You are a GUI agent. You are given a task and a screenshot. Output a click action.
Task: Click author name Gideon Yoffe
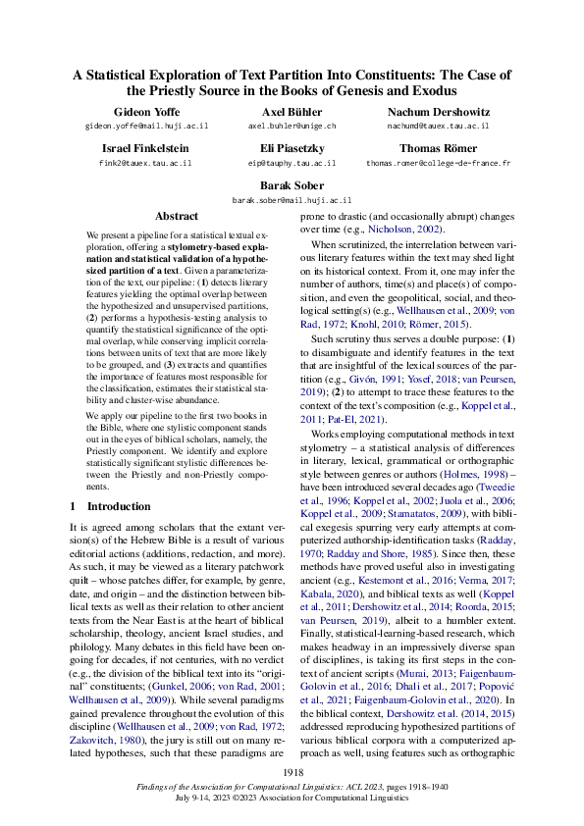coord(146,112)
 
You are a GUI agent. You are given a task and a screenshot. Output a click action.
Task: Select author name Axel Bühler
coord(292,112)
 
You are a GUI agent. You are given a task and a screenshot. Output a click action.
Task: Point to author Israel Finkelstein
coord(146,148)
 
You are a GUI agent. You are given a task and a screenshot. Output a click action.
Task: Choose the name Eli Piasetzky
coord(292,148)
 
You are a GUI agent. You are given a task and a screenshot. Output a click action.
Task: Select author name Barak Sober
coord(292,184)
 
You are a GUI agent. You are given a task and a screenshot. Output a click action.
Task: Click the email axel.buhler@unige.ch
coord(292,127)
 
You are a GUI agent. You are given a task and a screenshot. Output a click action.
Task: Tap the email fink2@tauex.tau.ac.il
coord(146,163)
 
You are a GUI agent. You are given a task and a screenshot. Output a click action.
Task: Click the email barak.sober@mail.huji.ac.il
coord(292,199)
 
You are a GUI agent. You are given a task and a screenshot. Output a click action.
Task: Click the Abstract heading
coord(177,216)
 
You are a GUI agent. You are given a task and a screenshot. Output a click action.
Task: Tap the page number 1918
coord(292,774)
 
